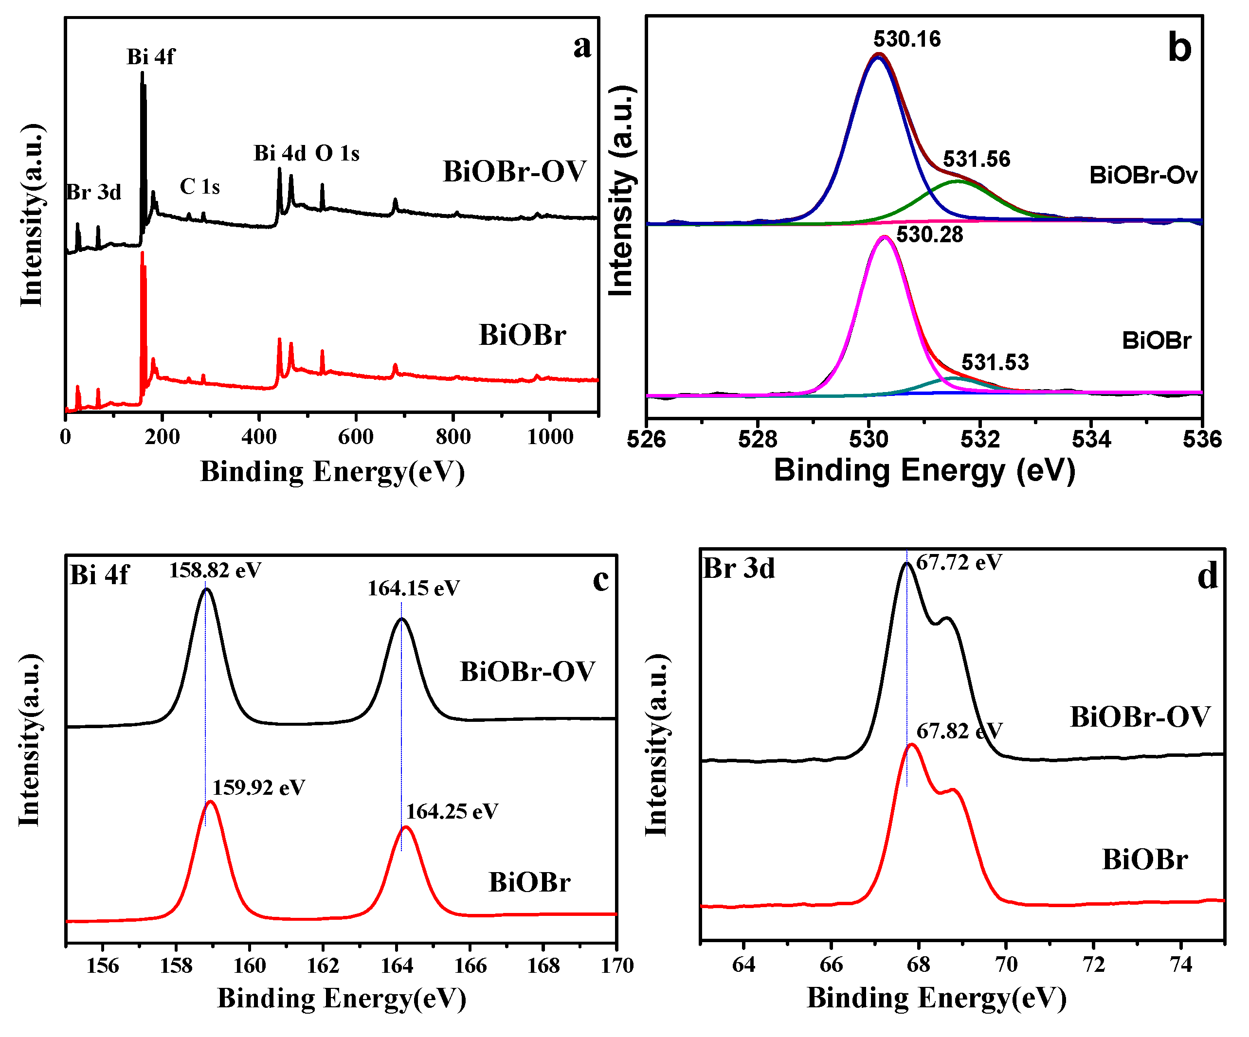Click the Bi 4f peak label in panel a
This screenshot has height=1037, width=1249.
coord(150,57)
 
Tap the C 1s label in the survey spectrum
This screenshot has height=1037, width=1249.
coord(200,187)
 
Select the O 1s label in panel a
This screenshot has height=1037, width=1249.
coord(337,153)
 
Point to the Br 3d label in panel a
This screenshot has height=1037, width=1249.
coord(93,192)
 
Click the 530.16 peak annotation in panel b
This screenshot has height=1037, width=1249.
coord(906,39)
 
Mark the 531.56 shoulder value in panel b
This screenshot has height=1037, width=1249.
coord(977,160)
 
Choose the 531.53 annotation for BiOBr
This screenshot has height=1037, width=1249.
coord(995,362)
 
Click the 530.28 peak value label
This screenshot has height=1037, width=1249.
coord(930,234)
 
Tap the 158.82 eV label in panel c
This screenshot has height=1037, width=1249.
coord(215,570)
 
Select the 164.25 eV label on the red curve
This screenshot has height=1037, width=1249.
coord(452,812)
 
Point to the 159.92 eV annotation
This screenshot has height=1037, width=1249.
coord(259,788)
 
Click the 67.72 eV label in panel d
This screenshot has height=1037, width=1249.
coord(959,562)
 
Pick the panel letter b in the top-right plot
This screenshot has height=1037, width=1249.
coord(1179,48)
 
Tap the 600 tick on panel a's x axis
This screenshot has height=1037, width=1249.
coord(356,437)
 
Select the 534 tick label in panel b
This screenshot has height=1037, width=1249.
coord(1091,440)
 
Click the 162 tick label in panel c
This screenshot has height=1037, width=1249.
coord(323,965)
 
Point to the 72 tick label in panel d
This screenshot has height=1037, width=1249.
coord(1093,965)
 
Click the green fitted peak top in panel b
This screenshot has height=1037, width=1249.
coord(958,181)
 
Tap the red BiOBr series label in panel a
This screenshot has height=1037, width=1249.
coord(522,335)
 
